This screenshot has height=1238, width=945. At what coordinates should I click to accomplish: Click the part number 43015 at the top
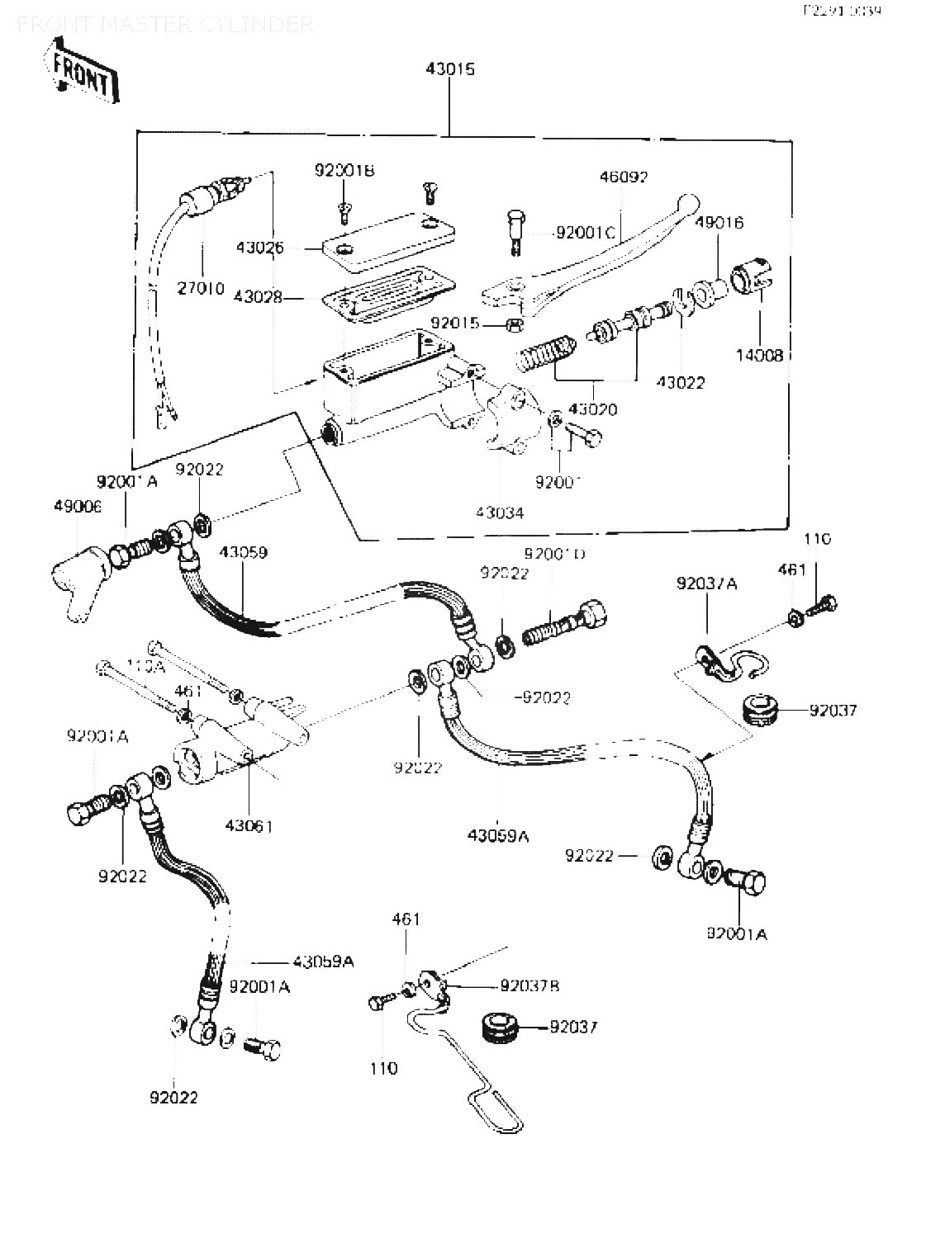click(450, 70)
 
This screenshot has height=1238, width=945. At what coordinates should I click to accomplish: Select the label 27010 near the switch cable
click(201, 288)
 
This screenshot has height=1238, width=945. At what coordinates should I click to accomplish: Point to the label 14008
click(759, 356)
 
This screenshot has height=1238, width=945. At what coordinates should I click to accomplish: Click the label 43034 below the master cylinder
click(499, 513)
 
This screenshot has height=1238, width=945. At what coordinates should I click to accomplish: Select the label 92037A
click(706, 584)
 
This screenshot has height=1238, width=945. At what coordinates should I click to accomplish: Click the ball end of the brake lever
click(688, 203)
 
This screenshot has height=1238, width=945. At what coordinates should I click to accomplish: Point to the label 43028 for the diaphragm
click(259, 296)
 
